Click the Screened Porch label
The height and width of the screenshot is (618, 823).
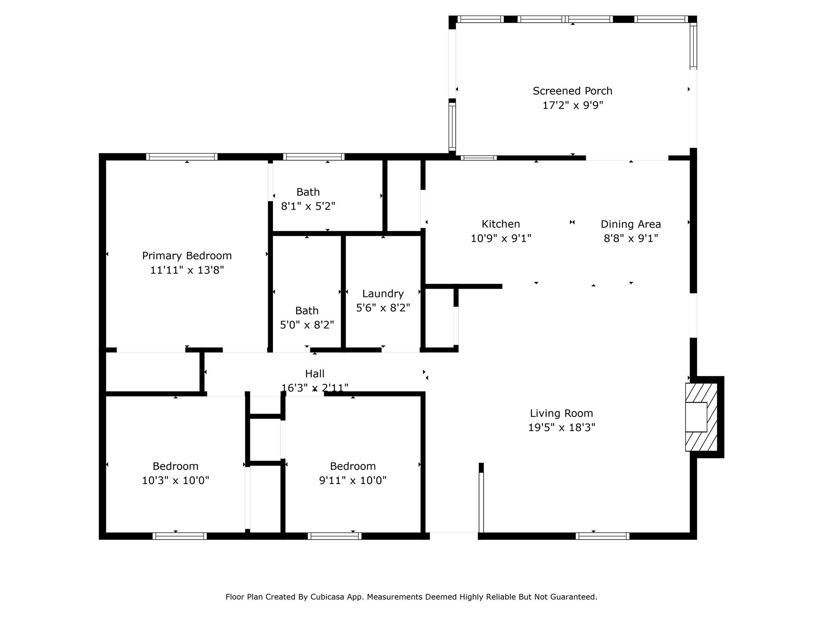[572, 91]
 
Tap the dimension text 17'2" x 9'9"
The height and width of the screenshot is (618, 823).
[572, 105]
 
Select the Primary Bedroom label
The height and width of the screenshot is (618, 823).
[187, 256]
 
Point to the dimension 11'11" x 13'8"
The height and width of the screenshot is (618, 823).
[187, 270]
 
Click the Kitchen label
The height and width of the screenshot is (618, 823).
[501, 224]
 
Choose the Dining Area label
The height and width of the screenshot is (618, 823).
[631, 224]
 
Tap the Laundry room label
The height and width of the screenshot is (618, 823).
[383, 294]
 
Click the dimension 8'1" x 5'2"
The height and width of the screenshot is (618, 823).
[308, 206]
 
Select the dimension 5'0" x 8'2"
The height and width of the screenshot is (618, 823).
[307, 325]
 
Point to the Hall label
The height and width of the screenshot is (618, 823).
[315, 374]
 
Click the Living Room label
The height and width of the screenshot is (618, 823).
[561, 413]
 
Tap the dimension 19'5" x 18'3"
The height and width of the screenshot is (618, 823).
[561, 427]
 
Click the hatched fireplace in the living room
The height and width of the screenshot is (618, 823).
[701, 417]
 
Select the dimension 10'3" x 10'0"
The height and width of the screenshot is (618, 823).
[176, 480]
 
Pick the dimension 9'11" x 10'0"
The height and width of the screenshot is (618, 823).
[353, 480]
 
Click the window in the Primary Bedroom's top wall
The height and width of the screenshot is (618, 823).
[182, 157]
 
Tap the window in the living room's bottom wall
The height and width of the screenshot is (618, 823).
[602, 536]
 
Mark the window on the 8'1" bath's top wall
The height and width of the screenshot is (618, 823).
[313, 157]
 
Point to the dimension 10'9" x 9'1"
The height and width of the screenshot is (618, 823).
[501, 239]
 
